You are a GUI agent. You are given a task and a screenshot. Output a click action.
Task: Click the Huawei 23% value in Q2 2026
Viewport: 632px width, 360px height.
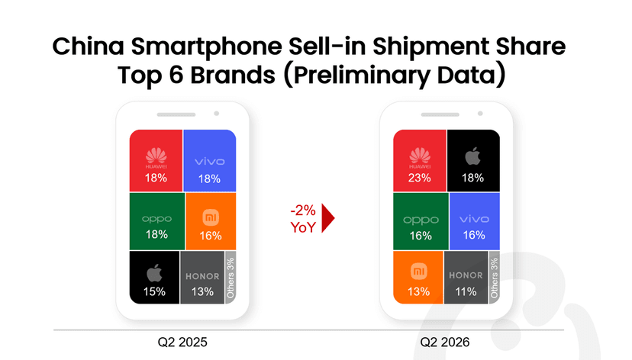[x=419, y=178]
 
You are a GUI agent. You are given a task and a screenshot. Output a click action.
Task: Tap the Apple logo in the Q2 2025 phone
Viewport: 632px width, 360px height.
[x=154, y=273]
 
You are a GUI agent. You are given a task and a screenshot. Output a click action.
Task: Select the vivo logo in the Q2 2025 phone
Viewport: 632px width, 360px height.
[x=210, y=162]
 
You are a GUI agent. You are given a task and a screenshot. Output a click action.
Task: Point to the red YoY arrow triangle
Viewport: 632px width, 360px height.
[x=327, y=218]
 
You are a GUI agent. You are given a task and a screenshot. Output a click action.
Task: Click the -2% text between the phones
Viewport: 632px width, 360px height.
[x=303, y=211]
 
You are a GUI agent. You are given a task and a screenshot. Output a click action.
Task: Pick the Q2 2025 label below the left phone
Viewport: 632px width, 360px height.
[x=182, y=342]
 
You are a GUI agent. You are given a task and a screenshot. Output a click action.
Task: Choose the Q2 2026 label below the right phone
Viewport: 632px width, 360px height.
[x=444, y=342]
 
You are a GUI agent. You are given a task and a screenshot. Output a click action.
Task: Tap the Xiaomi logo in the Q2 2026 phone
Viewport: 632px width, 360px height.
[x=419, y=272]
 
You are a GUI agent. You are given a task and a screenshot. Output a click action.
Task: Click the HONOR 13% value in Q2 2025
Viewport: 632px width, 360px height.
[x=202, y=291]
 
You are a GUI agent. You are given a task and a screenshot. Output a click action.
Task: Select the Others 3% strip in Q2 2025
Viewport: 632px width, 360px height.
[x=231, y=278]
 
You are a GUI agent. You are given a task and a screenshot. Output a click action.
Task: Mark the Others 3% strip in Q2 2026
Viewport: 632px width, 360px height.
[x=494, y=278]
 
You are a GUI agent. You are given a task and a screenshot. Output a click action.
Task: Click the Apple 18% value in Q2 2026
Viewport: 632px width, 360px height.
[x=472, y=178]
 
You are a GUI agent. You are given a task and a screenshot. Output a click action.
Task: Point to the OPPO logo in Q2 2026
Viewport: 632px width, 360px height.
[x=421, y=220]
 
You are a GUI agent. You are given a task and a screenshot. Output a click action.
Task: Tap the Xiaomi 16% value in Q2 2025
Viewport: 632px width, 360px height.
[x=211, y=236]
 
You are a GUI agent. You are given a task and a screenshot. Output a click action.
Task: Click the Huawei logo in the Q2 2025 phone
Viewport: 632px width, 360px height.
[x=156, y=158]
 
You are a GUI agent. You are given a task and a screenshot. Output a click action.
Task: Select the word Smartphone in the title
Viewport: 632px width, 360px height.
[x=206, y=47]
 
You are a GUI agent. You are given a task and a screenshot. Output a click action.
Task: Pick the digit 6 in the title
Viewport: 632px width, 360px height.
[x=176, y=75]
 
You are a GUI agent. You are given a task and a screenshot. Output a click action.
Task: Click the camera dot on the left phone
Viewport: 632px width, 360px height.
[x=217, y=114]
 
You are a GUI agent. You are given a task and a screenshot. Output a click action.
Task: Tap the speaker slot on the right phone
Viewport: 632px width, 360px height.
[x=440, y=114]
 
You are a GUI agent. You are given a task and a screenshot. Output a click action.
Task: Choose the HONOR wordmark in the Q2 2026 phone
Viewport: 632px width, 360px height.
[x=466, y=275]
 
